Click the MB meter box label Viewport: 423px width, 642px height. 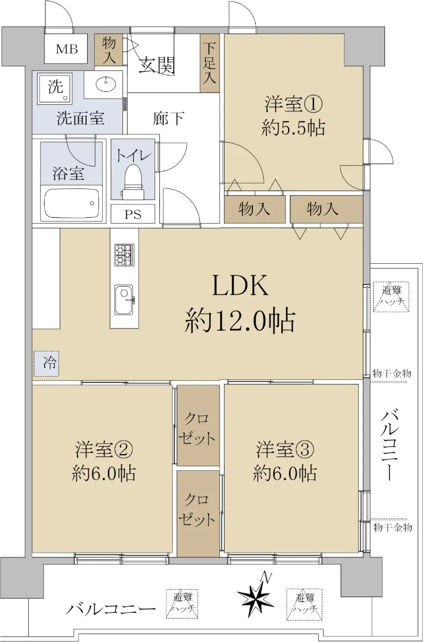[67, 49]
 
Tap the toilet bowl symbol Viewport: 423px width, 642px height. [133, 181]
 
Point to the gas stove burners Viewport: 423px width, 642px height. [124, 255]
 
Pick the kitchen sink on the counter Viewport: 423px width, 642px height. [124, 300]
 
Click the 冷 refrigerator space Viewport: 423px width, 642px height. [47, 364]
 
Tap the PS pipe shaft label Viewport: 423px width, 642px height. [133, 215]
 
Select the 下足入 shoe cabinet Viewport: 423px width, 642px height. [209, 63]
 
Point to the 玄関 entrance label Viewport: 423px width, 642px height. [156, 65]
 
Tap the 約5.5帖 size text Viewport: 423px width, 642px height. [293, 128]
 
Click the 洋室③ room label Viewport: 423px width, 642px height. [285, 450]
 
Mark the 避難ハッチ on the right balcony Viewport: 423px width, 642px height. [391, 296]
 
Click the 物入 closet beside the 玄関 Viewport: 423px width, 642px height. [109, 50]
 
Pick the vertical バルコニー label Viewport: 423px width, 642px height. [389, 446]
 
